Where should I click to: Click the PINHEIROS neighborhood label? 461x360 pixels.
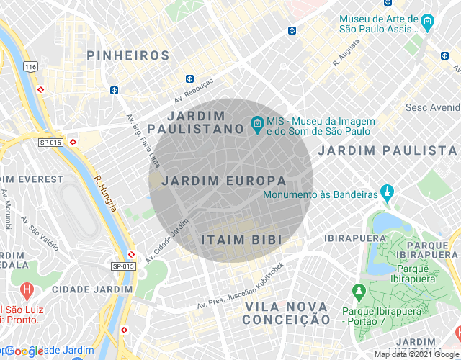click(x=127, y=55)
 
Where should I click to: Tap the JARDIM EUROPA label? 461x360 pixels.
click(x=224, y=181)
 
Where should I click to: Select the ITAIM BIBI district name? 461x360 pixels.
click(x=241, y=239)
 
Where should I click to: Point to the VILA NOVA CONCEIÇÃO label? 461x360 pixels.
click(x=287, y=313)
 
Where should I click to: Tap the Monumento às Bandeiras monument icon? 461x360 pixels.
click(x=389, y=194)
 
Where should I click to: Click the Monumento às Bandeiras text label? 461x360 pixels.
click(x=321, y=195)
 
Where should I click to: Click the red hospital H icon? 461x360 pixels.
click(x=27, y=292)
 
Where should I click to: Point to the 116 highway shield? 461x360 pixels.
click(x=30, y=66)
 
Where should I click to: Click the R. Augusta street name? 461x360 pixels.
click(x=345, y=54)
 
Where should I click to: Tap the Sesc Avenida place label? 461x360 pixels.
click(x=432, y=108)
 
